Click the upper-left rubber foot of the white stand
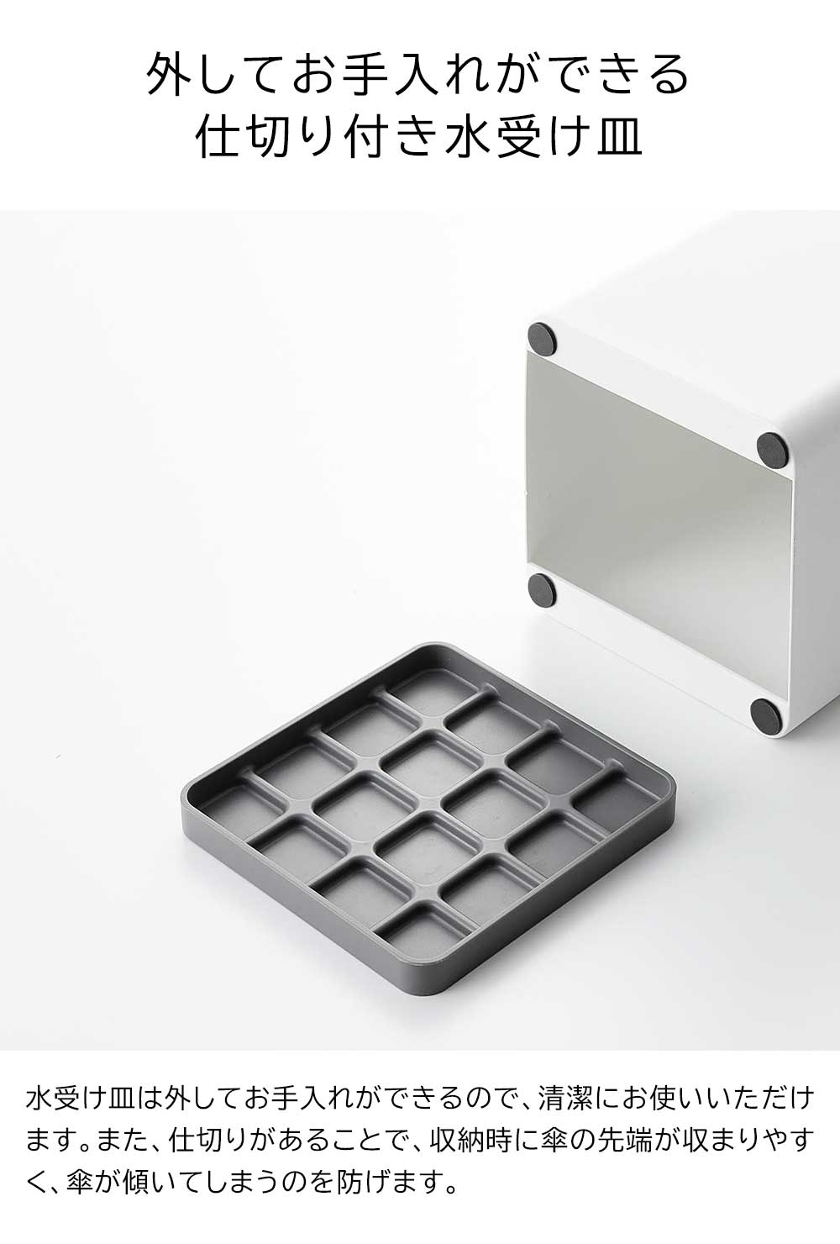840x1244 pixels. click(x=542, y=339)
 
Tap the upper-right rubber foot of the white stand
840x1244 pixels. click(x=772, y=449)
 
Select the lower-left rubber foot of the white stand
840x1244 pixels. click(x=542, y=589)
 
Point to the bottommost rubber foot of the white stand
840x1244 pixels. click(x=764, y=713)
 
